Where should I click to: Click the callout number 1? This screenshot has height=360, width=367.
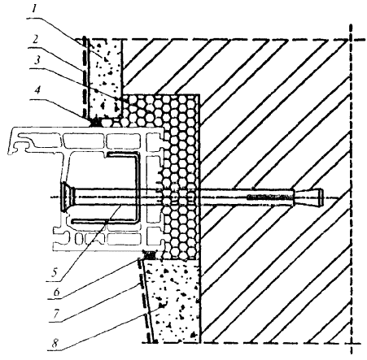pyautogui.click(x=34, y=10)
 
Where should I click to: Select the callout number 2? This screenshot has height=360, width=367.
pyautogui.click(x=34, y=40)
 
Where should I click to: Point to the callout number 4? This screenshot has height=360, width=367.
pyautogui.click(x=37, y=90)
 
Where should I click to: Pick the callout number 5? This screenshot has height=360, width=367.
pyautogui.click(x=55, y=272)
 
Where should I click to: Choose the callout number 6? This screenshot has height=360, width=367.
pyautogui.click(x=56, y=292)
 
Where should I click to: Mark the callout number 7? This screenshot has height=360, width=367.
pyautogui.click(x=55, y=314)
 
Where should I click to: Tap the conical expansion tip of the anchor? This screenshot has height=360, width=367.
pyautogui.click(x=308, y=196)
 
